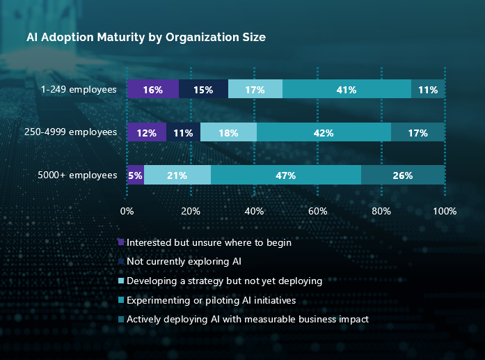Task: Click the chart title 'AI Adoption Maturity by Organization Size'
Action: point(146,37)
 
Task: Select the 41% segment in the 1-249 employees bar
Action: point(347,90)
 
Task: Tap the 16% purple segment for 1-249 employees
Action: point(152,90)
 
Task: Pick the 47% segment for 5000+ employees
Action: point(286,175)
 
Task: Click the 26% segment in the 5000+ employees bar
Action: point(403,175)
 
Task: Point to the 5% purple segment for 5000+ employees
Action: point(135,175)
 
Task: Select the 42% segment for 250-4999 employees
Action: point(324,132)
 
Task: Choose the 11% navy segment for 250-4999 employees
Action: point(183,132)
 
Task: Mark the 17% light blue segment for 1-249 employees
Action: point(255,90)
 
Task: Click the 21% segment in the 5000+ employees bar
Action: point(177,175)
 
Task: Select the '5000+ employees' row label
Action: point(77,175)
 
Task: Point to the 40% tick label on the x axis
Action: point(254,211)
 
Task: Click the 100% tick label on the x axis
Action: point(445,211)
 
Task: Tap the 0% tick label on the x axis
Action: point(127,211)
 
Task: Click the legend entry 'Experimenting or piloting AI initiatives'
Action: point(211,300)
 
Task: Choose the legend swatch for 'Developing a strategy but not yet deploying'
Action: point(121,281)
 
